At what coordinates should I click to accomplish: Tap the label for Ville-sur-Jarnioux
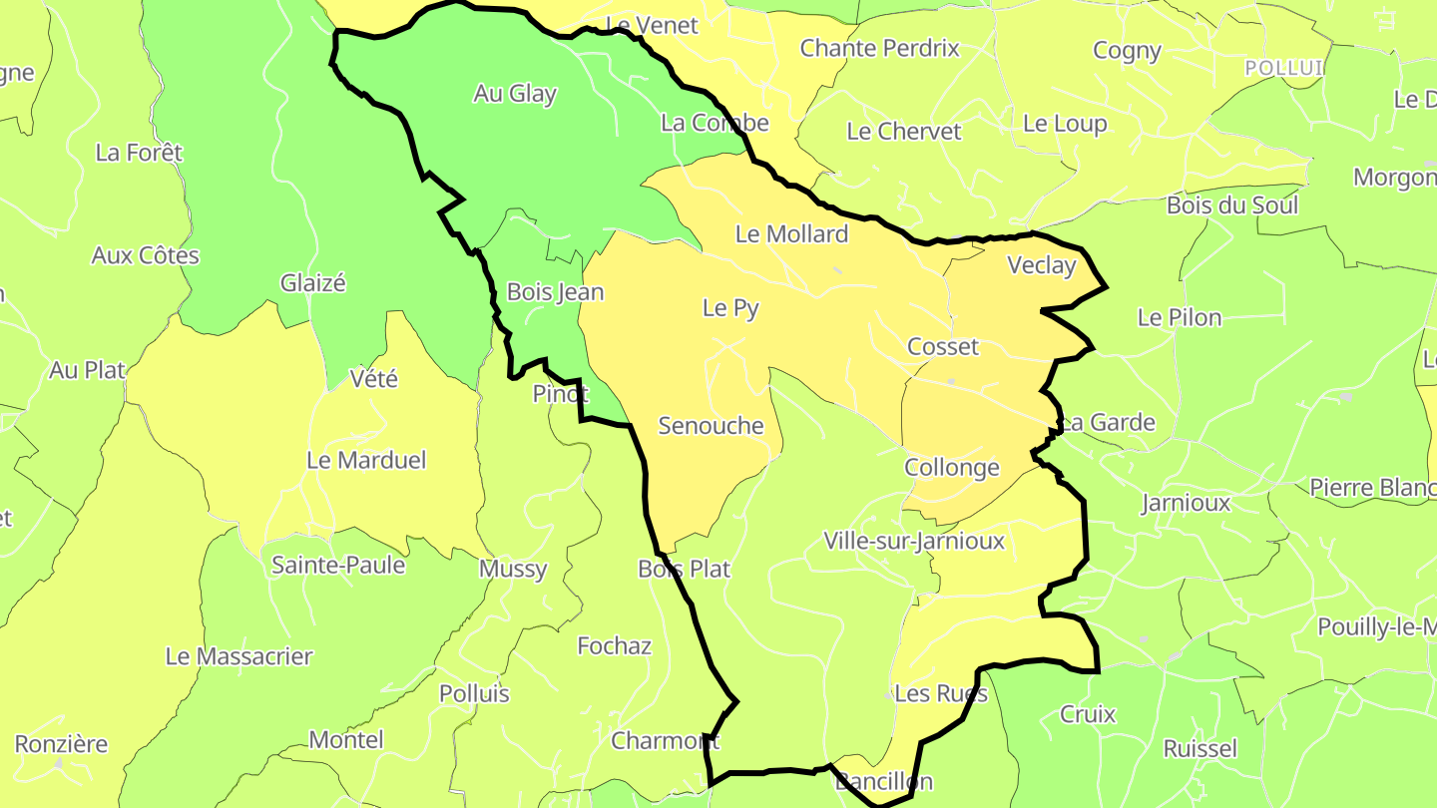click(913, 541)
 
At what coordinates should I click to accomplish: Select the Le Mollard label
click(791, 234)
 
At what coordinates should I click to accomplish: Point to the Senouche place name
click(711, 426)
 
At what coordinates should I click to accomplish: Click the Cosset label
click(942, 347)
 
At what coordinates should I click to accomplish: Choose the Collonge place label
click(951, 468)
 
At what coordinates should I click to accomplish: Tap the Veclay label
click(1042, 265)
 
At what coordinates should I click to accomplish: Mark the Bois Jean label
click(555, 292)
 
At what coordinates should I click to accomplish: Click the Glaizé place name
click(312, 283)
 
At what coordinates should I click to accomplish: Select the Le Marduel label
click(365, 460)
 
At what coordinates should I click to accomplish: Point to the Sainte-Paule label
click(338, 566)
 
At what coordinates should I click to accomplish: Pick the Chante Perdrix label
click(879, 48)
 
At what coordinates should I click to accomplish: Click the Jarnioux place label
click(1186, 503)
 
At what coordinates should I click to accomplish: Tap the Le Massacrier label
click(239, 656)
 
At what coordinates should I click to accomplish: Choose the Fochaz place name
click(614, 646)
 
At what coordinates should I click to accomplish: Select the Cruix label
click(1088, 714)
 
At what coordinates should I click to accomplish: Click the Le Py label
click(730, 308)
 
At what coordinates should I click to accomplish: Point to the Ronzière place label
click(61, 744)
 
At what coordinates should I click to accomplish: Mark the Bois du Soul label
click(1232, 205)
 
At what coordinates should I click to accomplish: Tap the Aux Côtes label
click(145, 255)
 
